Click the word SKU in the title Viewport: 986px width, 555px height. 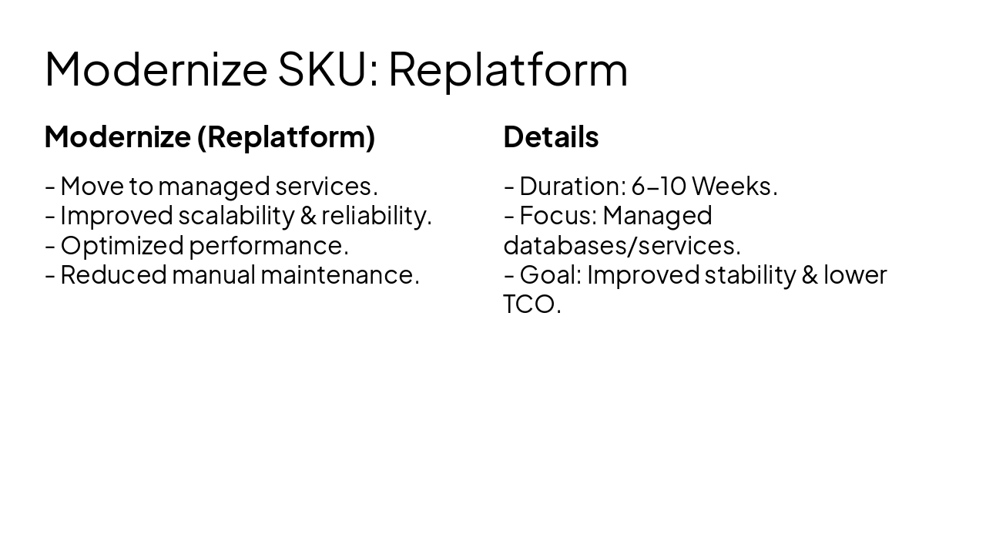click(321, 69)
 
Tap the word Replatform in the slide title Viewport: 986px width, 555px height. click(508, 69)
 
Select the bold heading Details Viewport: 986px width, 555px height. click(551, 136)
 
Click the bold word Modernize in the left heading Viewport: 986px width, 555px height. click(117, 136)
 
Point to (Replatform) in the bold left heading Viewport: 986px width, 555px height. click(286, 136)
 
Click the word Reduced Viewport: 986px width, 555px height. click(113, 274)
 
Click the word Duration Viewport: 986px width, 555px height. click(571, 186)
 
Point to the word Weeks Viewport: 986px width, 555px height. click(733, 186)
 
